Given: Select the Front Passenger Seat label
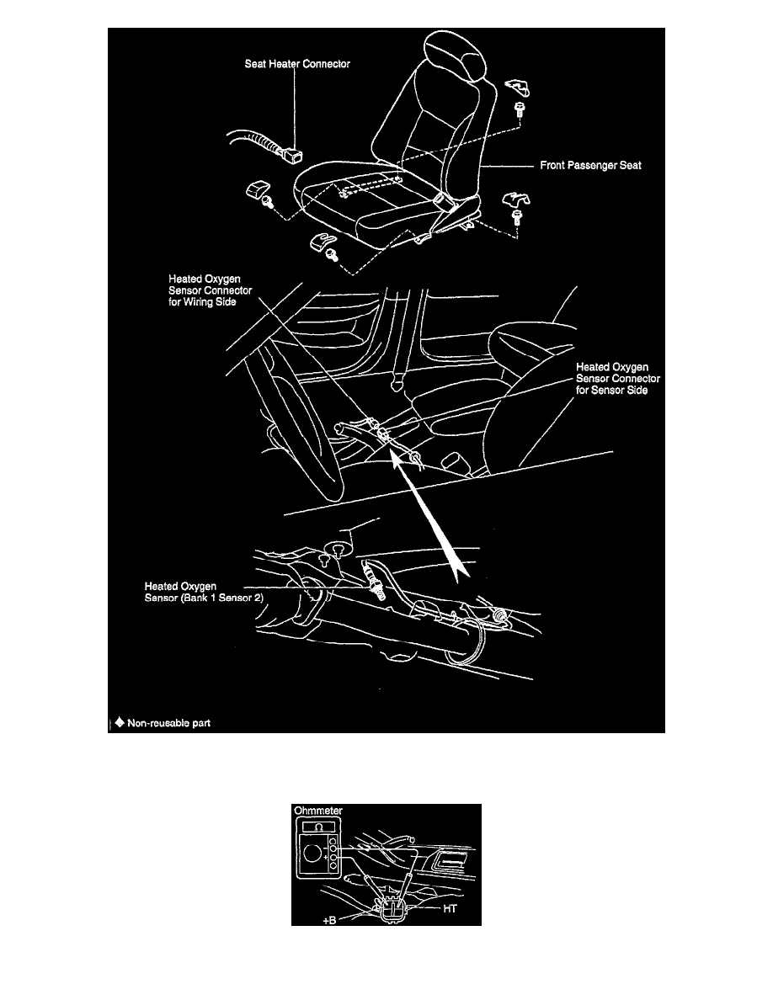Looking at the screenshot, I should (590, 166).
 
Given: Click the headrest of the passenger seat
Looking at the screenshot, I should (460, 59).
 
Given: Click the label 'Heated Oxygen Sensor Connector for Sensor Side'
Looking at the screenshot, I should (611, 379).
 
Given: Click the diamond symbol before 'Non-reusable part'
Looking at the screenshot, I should (120, 721).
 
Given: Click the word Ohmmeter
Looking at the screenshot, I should (317, 811).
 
